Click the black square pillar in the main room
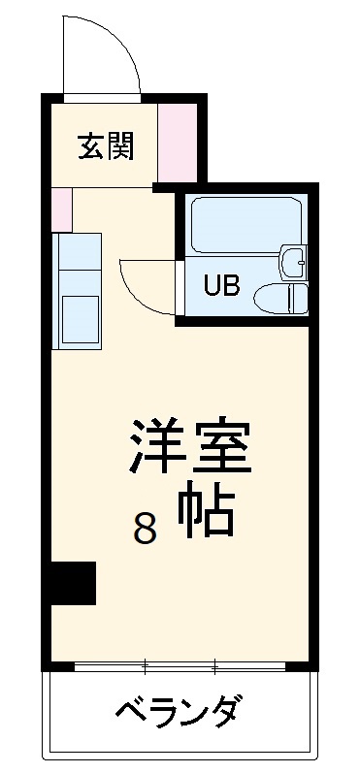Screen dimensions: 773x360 [74, 583]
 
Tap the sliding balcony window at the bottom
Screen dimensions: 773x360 [180, 667]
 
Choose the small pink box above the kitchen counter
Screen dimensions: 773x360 [62, 209]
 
